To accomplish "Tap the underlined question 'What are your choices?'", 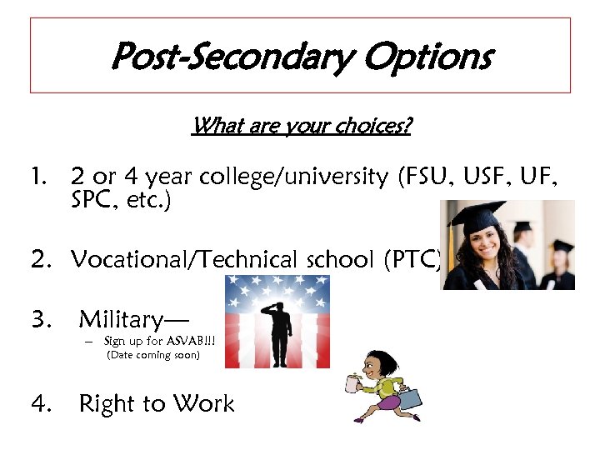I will (x=301, y=127).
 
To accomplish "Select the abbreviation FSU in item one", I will (x=426, y=177).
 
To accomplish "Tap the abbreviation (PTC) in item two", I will (x=412, y=260).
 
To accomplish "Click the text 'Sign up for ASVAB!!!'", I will (x=153, y=341).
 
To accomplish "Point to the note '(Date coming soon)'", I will (x=153, y=356).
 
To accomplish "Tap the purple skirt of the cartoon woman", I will (x=387, y=403).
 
